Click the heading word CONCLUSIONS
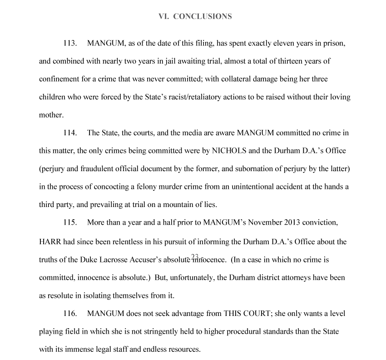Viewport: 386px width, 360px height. click(203, 16)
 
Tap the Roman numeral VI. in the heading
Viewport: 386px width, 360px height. click(163, 16)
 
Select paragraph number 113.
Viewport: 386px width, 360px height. click(70, 44)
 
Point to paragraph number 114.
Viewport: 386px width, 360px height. click(70, 133)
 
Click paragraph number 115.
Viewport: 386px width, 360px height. click(70, 223)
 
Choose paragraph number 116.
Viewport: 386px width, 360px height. click(70, 314)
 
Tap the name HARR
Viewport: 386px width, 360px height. click(50, 242)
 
